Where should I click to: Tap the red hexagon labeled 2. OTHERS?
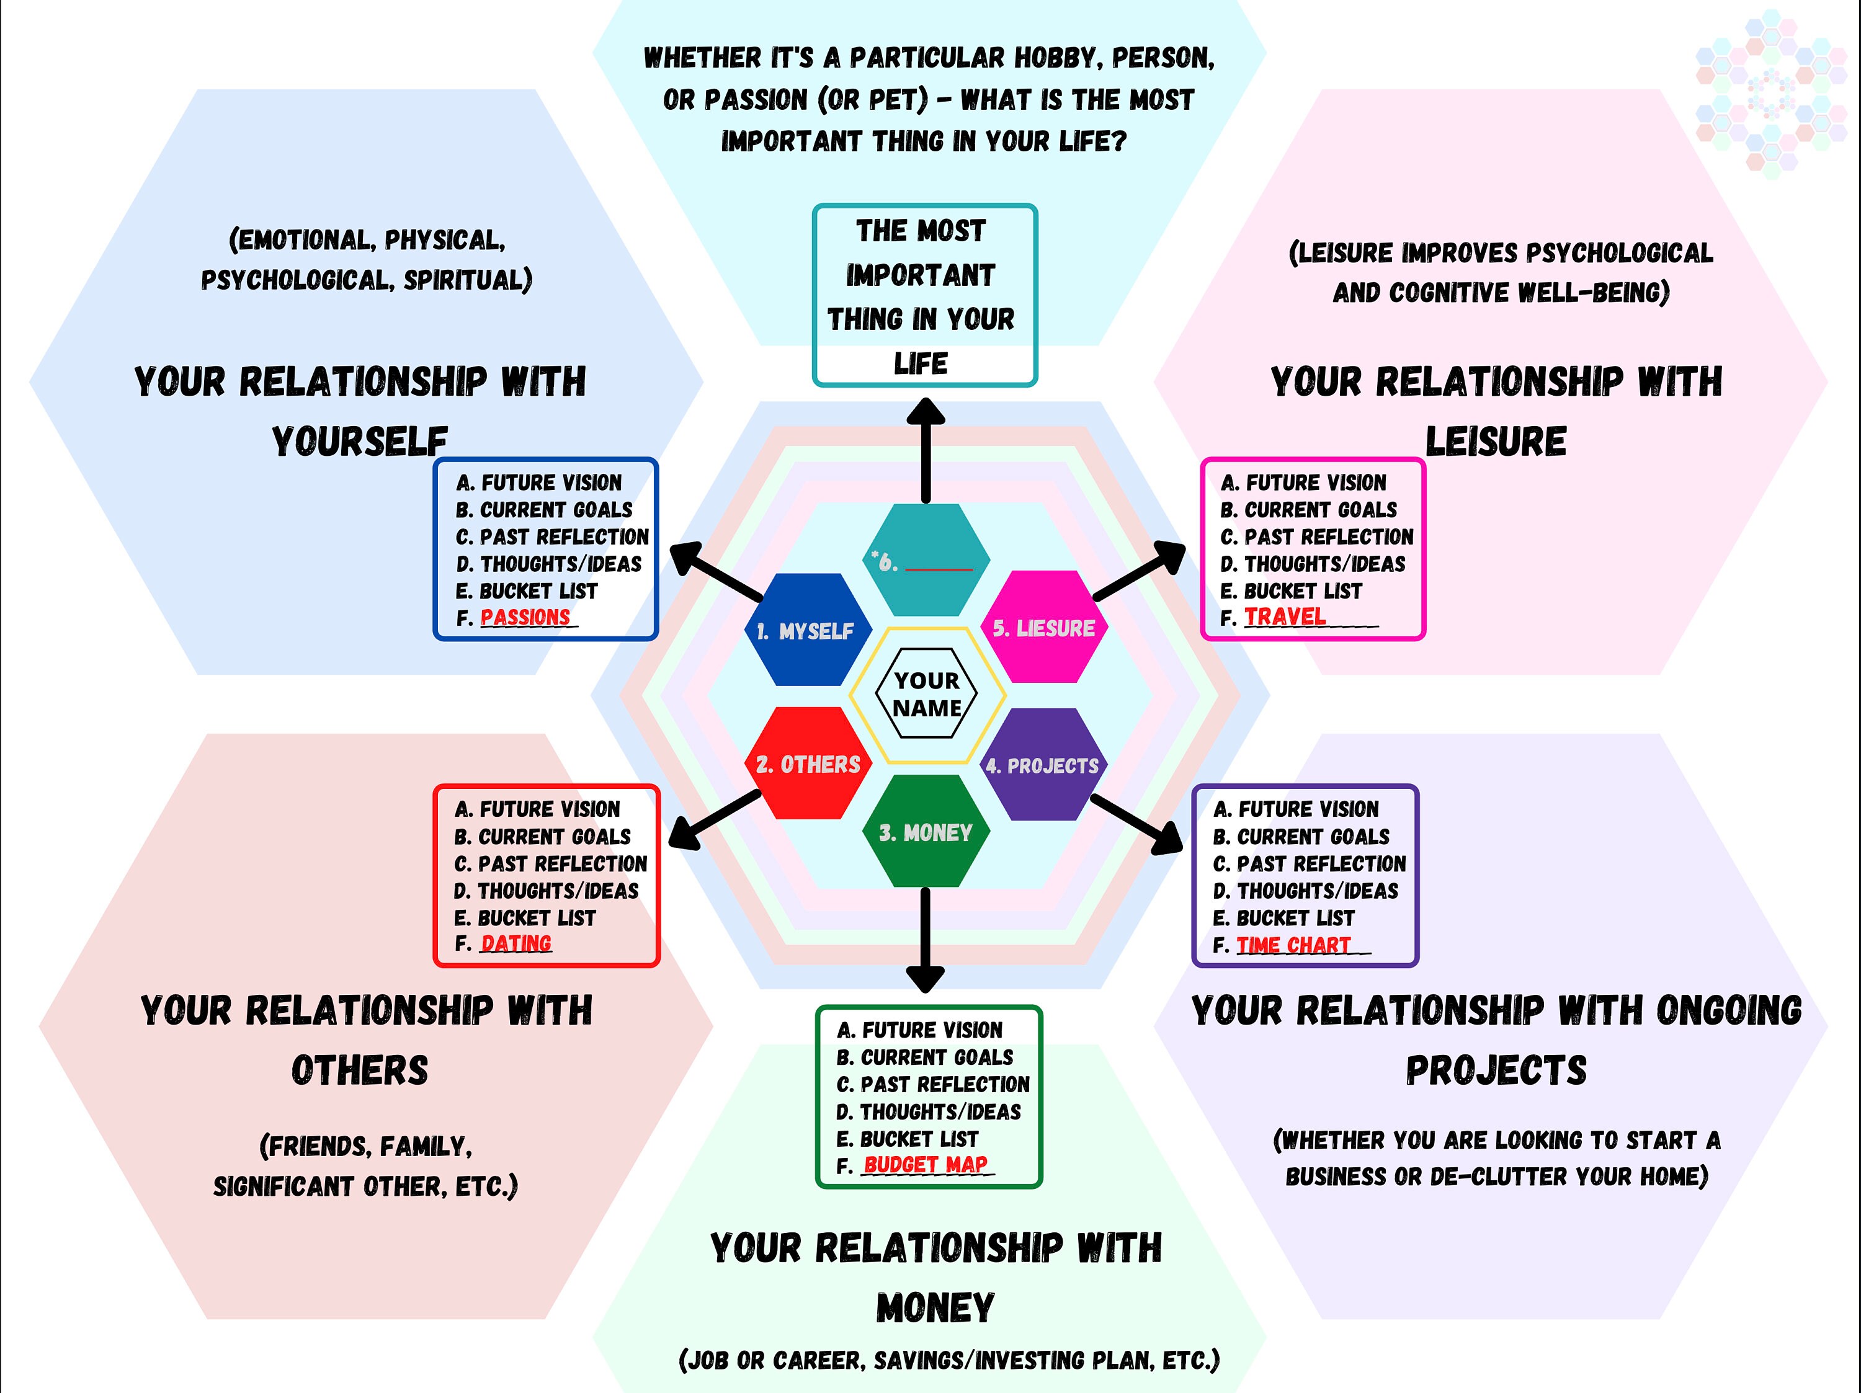pos(808,764)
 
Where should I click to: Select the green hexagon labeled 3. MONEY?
pos(926,832)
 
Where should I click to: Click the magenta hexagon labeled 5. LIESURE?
pos(1043,628)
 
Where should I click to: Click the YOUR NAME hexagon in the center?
pos(926,694)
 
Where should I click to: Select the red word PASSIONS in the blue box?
pos(525,618)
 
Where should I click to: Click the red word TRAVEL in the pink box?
pos(1285,616)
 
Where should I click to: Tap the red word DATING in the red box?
pos(515,944)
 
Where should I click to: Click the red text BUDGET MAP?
pos(926,1165)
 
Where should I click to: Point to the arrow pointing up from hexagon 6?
pos(926,450)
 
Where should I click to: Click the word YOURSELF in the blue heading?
pos(359,442)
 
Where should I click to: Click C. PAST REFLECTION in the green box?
pos(932,1084)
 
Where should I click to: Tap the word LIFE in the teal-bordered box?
pos(921,364)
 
